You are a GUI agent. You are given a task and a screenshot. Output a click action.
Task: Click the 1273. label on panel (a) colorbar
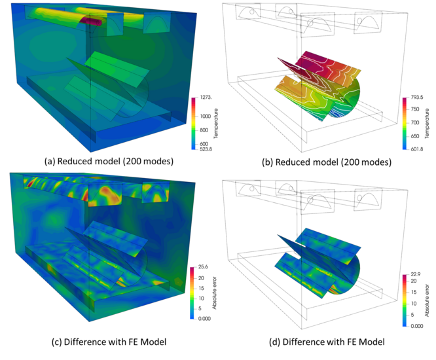tap(206, 98)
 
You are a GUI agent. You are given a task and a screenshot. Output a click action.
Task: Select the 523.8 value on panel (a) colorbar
tap(206, 149)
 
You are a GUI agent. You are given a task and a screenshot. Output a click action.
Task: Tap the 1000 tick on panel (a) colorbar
tap(206, 117)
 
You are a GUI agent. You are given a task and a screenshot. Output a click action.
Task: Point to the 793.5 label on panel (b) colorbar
tap(417, 98)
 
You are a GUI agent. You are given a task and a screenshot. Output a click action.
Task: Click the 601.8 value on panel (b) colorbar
tap(417, 149)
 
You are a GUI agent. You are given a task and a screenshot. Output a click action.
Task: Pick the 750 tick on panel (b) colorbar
tap(415, 109)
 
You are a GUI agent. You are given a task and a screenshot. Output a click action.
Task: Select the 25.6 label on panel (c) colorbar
tap(203, 267)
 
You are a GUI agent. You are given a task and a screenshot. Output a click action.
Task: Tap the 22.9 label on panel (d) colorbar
tap(416, 274)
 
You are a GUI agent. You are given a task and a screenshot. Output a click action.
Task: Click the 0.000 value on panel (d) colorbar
tap(417, 326)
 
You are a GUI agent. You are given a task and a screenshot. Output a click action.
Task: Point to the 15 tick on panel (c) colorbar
tap(202, 288)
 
